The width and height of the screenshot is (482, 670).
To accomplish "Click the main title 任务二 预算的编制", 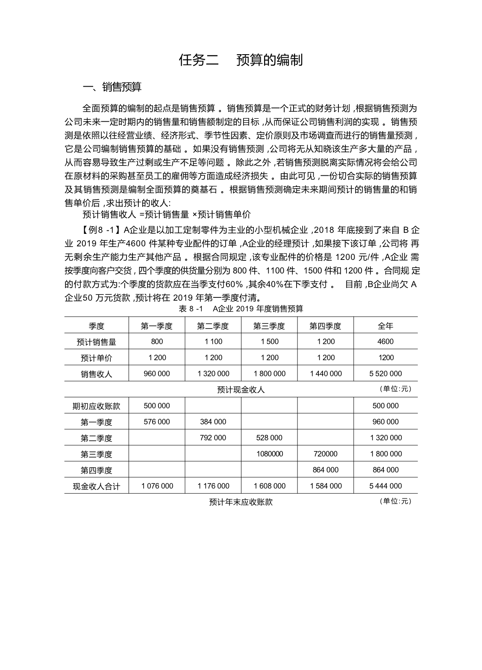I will point(241,60).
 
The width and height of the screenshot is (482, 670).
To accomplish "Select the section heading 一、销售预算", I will point(112,87).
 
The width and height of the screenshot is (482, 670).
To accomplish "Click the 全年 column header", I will point(385,326).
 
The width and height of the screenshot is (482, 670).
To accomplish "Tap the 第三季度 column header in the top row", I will point(269,326).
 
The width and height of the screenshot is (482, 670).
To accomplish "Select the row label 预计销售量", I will point(97,342).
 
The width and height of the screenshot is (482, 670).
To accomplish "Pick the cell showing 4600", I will point(385,341).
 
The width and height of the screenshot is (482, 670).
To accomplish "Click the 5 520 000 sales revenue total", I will point(385,373).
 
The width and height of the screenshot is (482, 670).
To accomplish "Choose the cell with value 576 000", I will point(157,422).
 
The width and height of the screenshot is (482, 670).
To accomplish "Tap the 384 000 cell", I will point(213,422).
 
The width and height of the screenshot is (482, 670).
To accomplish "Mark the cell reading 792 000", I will point(213,437).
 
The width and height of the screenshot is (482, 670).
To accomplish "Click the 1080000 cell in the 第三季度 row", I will point(269,454).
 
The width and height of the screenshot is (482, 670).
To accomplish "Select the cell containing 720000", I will point(326,454).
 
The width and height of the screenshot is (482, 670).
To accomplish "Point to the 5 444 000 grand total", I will point(385,486).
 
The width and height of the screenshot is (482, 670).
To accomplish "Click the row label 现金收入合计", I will point(97,486).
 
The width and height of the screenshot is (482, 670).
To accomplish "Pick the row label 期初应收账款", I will point(97,406).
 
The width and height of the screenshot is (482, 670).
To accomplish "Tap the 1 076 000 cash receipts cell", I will point(157,486).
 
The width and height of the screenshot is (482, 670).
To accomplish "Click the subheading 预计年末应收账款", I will point(241,502).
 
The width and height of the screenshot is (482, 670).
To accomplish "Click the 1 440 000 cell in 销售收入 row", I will point(326,373).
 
